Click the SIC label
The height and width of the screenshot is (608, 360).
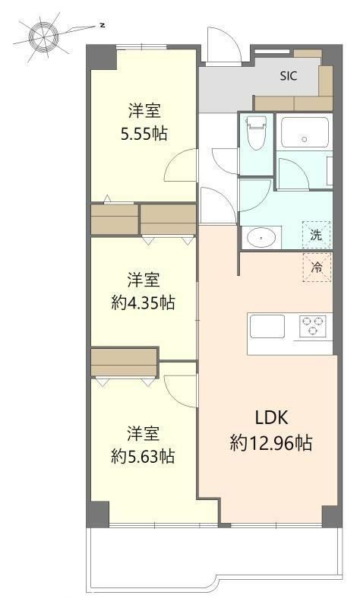click(x=289, y=76)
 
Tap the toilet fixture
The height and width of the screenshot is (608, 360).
click(x=255, y=132)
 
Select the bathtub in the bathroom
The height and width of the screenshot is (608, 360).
click(x=305, y=132)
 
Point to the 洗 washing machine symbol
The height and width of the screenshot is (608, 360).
click(x=317, y=235)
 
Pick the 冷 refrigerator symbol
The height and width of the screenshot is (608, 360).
click(x=317, y=268)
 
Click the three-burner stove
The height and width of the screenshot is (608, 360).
click(x=313, y=326)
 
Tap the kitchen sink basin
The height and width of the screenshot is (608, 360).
click(x=267, y=326)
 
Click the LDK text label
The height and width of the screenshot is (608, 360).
click(x=271, y=417)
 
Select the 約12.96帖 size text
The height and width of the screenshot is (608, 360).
click(x=271, y=442)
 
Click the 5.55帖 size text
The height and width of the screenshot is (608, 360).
click(x=144, y=134)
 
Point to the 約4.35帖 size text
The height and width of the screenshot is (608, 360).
click(x=143, y=302)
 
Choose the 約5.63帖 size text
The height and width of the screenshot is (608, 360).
click(x=143, y=457)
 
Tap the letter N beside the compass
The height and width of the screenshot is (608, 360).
click(x=103, y=26)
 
